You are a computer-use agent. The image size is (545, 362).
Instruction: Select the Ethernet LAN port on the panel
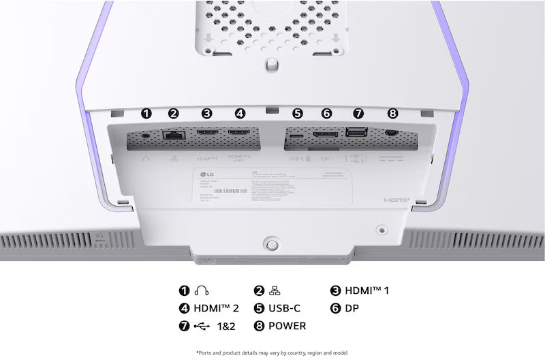(x=173, y=135)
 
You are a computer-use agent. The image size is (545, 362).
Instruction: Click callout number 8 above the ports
(x=391, y=114)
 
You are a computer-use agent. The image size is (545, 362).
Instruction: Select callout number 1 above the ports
(x=145, y=114)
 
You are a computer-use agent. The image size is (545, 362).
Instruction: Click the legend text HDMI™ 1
(x=368, y=290)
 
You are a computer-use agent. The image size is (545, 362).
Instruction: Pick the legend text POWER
(x=287, y=326)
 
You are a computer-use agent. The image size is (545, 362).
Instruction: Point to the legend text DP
(x=352, y=308)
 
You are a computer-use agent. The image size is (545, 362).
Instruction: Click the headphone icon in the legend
(x=202, y=290)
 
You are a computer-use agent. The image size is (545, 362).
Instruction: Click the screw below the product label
(x=272, y=243)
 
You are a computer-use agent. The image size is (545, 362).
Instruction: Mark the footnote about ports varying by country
(x=272, y=352)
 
